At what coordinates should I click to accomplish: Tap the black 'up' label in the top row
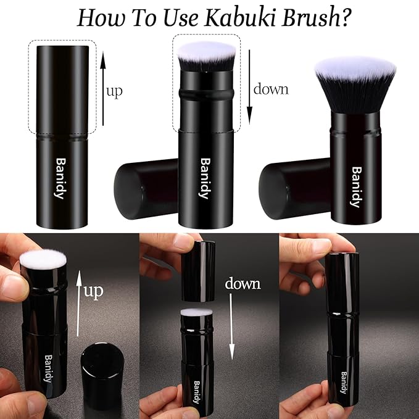114,92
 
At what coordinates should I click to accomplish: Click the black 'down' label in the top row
271,89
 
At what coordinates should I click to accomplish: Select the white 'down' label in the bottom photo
243,284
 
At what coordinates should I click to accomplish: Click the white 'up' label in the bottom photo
94,290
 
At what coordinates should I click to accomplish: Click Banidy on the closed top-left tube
61,178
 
